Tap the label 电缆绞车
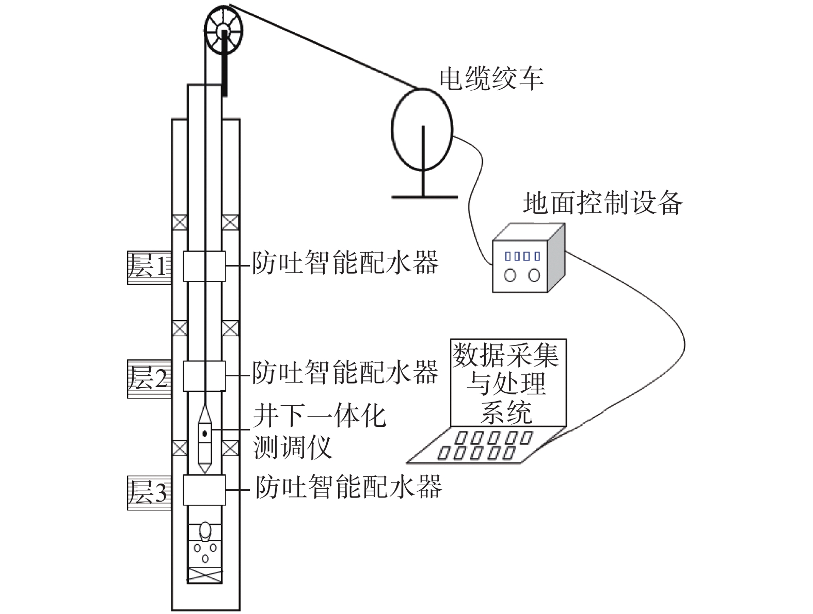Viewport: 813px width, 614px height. (x=491, y=79)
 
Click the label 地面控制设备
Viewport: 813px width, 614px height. (x=602, y=203)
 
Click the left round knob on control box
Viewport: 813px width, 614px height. (x=510, y=275)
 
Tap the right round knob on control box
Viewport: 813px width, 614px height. (x=534, y=275)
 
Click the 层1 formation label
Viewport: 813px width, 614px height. (x=149, y=268)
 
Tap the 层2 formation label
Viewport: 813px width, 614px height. (x=149, y=378)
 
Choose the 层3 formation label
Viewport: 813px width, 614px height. (x=149, y=492)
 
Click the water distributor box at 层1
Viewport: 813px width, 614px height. (x=204, y=266)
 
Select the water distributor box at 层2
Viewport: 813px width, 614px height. (x=204, y=376)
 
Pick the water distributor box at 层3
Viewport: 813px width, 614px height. (x=204, y=490)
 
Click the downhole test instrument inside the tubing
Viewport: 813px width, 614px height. (x=205, y=440)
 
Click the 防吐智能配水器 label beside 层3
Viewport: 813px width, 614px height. (x=349, y=486)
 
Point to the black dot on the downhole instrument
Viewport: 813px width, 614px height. (x=205, y=433)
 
